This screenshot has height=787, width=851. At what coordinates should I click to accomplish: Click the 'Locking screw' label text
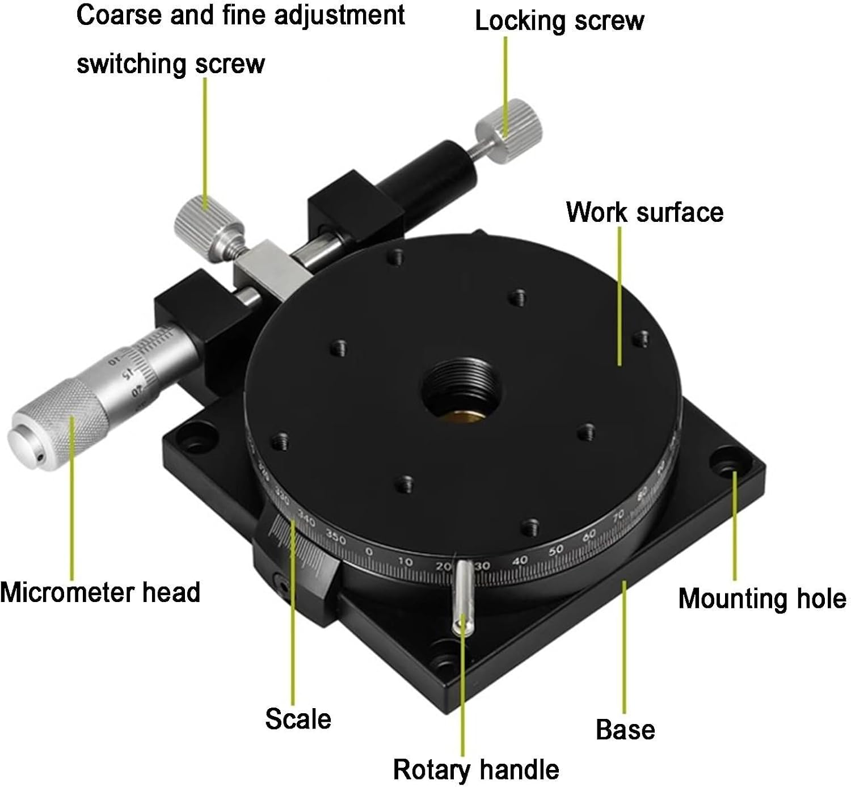click(x=559, y=22)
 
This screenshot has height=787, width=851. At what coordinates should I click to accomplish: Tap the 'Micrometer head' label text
click(x=100, y=592)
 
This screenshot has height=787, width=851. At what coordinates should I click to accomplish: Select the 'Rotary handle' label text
click(x=475, y=769)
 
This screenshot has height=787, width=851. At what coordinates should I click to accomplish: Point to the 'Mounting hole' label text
click(x=761, y=599)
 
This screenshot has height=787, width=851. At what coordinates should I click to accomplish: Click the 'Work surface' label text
click(x=644, y=212)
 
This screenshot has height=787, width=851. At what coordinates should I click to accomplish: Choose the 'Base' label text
click(x=625, y=730)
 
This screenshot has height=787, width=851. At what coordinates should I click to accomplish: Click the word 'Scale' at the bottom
click(x=298, y=718)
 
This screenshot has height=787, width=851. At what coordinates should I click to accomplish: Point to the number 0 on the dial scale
click(x=369, y=551)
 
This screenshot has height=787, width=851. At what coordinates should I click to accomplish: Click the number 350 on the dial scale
click(x=335, y=537)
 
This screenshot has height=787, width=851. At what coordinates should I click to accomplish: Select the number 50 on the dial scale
click(x=556, y=549)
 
